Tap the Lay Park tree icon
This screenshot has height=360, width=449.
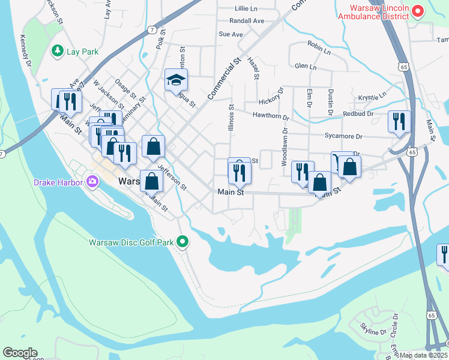click(58, 52)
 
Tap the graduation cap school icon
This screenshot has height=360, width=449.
click(176, 80)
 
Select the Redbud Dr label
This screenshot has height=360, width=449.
click(358, 113)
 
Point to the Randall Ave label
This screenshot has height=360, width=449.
click(250, 21)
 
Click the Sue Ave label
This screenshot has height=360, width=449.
click(231, 35)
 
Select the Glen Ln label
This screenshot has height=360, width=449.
click(306, 67)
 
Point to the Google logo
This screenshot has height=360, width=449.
click(20, 353)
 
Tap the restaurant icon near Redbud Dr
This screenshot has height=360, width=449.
click(399, 122)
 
